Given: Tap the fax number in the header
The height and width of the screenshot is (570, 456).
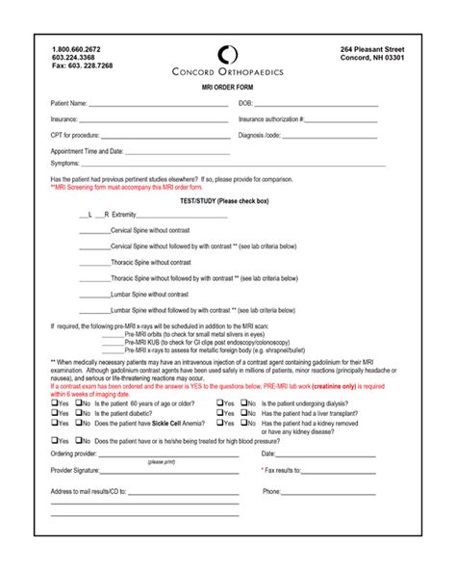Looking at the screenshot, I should coord(83,65).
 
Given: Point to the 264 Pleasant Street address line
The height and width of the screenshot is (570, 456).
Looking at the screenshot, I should coord(372,48).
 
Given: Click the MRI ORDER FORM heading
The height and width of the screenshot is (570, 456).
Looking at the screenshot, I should coord(227,88).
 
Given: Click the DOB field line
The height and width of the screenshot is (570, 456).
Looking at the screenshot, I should coord(326,104).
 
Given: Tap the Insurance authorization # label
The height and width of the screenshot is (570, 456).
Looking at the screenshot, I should coord(271,119).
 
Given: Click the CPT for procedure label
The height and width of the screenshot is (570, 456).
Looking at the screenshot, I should coord(75,135).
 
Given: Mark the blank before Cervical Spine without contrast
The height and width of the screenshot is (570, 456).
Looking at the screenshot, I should coord(95,231).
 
